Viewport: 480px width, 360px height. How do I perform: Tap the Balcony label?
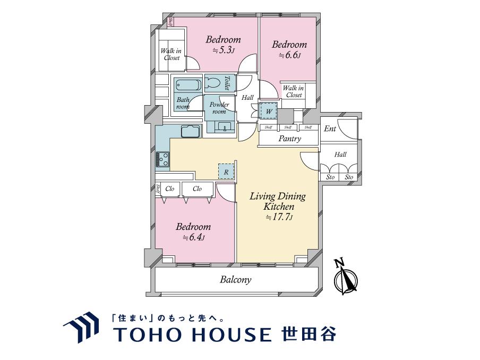pos(236,280)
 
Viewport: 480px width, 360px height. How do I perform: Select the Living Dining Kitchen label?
pos(278,201)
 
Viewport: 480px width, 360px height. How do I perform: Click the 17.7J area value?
pos(278,217)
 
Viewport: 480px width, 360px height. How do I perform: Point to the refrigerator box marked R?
pos(226,172)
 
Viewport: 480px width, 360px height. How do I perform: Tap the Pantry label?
pos(290,139)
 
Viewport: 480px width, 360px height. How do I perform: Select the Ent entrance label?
pos(330,128)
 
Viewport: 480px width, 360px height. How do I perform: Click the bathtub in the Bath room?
pos(188,85)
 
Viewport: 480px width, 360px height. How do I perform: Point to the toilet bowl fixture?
pos(213,83)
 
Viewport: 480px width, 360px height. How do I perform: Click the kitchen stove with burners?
pos(162,158)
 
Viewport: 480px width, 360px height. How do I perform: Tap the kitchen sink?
pos(190,131)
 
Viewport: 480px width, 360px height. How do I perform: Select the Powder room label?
pos(219,108)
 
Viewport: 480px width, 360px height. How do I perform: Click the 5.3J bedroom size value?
pos(224,50)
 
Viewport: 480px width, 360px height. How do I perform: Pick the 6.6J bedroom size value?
pos(289,55)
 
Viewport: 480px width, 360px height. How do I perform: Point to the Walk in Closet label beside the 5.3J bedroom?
pos(172,54)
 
